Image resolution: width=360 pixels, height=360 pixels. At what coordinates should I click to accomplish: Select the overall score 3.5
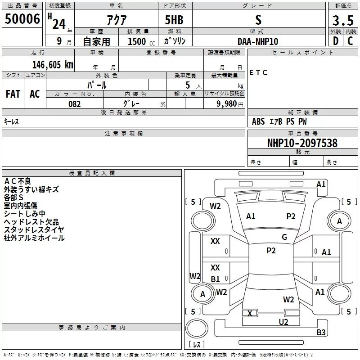click(x=343, y=21)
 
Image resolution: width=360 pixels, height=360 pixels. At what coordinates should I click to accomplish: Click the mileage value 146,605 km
click(x=52, y=65)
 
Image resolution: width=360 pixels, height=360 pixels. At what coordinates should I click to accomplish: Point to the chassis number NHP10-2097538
click(x=302, y=143)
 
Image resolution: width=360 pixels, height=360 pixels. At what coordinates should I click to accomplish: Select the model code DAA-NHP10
click(x=258, y=41)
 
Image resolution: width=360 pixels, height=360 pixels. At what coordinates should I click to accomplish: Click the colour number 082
click(x=74, y=104)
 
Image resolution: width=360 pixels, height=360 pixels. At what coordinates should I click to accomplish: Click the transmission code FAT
click(x=13, y=94)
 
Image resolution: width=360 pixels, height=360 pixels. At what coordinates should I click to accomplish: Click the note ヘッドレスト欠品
click(x=31, y=221)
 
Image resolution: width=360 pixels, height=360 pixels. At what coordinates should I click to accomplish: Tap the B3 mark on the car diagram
click(x=321, y=333)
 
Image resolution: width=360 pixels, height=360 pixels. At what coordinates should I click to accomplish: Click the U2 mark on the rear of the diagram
click(x=283, y=322)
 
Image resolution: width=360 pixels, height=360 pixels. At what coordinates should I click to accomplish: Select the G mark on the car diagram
click(x=284, y=237)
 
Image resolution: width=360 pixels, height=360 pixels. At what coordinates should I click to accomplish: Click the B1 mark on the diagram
click(x=216, y=279)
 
